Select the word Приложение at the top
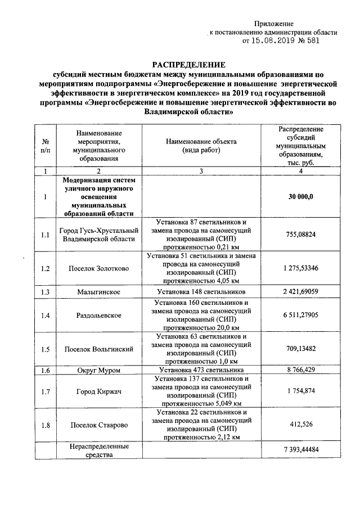pos(274,24)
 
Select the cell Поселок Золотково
pos(98,268)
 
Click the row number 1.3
pos(46,292)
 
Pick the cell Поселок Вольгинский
pos(98,349)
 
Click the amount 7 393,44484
pos(300,451)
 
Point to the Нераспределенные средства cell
pos(98,451)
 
